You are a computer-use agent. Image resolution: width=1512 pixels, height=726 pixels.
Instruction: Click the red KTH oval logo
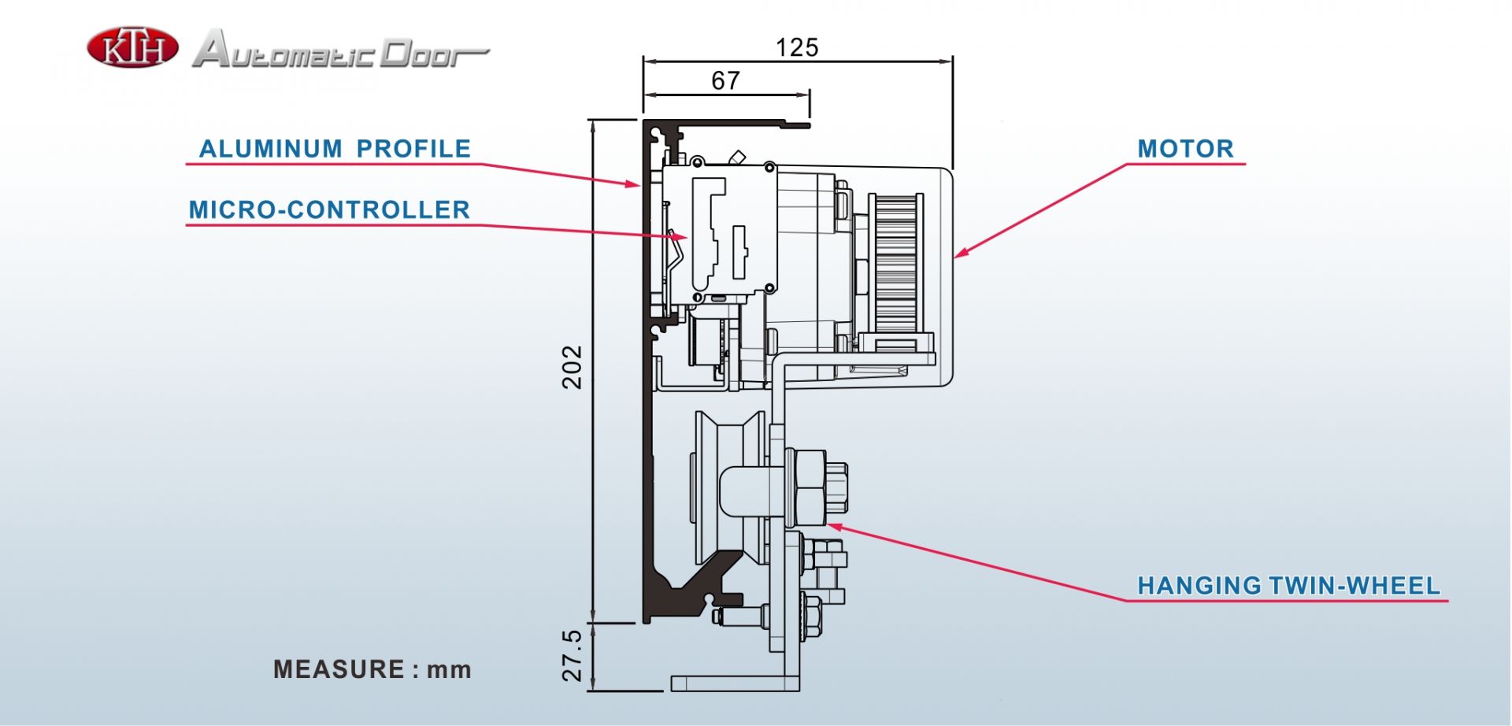132,48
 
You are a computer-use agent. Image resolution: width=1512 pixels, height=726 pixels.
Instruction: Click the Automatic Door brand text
340,50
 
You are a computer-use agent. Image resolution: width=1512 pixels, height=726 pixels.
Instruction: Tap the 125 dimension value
797,48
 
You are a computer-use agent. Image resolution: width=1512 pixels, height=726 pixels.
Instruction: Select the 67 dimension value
725,81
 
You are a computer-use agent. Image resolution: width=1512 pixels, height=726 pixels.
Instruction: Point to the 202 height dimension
573,367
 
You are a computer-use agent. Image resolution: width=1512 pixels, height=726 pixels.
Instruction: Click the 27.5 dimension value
573,655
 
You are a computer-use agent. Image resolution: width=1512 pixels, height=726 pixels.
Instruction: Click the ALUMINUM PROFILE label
335,149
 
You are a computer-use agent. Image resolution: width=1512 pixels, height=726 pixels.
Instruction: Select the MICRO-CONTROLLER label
329,210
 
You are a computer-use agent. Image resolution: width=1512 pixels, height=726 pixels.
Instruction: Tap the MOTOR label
1185,149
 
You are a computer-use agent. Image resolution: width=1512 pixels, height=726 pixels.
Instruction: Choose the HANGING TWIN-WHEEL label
1288,586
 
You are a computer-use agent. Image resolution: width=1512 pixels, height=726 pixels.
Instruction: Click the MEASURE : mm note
372,670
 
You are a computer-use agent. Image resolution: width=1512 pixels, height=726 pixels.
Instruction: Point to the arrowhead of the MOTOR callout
958,255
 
